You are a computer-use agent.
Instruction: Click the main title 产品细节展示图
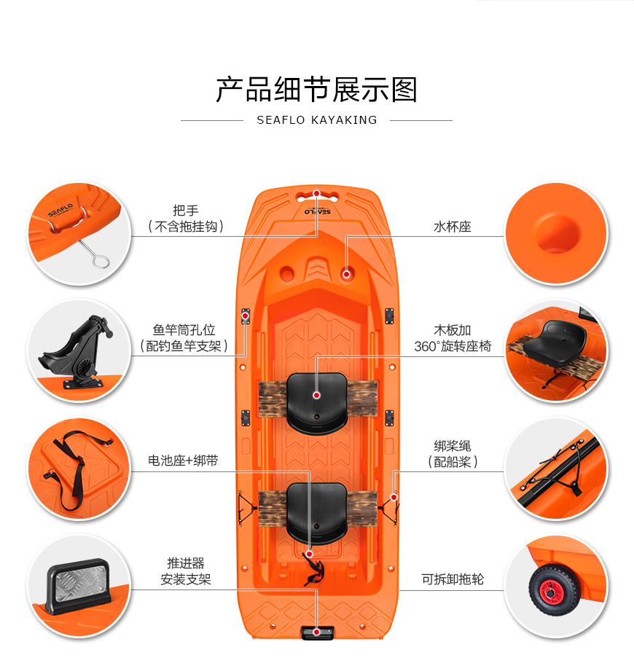pos(316,90)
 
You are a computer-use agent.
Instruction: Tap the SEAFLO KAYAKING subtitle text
pos(317,120)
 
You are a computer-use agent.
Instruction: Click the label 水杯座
pos(453,227)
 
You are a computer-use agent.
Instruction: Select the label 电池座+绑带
pos(183,461)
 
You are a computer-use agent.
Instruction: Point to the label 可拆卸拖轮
pos(453,579)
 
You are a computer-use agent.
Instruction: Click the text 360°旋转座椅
pos(453,347)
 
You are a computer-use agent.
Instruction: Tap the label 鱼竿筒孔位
pos(184,330)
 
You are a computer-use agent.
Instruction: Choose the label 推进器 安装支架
pos(186,571)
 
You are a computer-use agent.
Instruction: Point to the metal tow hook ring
pos(101,262)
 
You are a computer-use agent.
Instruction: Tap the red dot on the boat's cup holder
pos(346,275)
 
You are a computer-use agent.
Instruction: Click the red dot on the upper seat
pos(316,396)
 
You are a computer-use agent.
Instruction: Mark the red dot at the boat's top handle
pos(316,194)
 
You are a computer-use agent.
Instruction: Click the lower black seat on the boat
pos(317,514)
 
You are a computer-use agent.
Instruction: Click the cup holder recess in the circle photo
pos(557,234)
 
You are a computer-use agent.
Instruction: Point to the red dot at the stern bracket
pos(316,632)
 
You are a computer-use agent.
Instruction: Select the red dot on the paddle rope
pos(394,498)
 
